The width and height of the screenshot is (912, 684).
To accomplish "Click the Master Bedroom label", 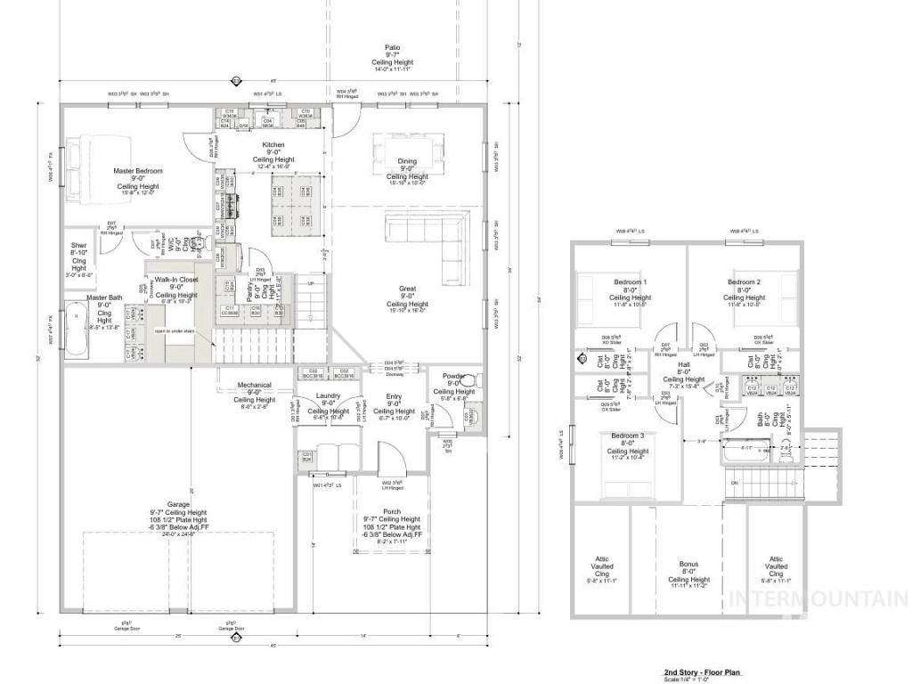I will point(138,170).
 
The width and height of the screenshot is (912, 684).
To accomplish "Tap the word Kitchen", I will point(273,144).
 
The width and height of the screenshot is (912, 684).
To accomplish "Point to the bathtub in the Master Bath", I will point(73,338).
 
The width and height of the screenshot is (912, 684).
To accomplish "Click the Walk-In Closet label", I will point(176,279).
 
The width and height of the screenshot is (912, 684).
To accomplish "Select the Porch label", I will point(393,512).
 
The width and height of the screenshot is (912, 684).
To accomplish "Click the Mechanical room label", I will point(254,385).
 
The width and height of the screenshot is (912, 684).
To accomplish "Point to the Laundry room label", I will point(329,395).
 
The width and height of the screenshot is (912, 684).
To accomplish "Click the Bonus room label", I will point(688,564).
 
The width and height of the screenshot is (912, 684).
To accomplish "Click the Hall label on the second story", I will point(684,364).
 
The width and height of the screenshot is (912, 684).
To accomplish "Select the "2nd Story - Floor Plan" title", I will point(702,672).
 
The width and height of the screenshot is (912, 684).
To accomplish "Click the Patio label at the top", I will point(393,47).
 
